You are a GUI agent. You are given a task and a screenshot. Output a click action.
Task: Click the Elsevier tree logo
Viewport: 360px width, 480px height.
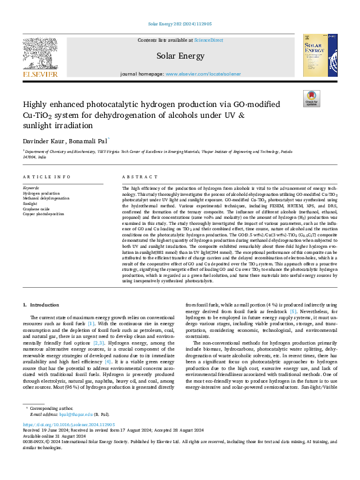[40, 51]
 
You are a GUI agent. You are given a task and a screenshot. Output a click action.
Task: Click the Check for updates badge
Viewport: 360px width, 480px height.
[311, 98]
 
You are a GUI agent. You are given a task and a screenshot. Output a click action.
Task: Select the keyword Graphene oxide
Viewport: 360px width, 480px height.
[36, 209]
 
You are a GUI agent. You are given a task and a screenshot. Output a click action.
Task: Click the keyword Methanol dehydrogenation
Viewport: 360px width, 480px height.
[46, 198]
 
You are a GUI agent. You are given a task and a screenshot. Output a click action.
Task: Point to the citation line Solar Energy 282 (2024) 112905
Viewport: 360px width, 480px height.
[180, 24]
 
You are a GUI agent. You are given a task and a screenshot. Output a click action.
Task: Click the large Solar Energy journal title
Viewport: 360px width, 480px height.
[181, 55]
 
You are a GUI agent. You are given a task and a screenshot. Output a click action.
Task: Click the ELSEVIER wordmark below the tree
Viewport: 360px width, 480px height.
[40, 74]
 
